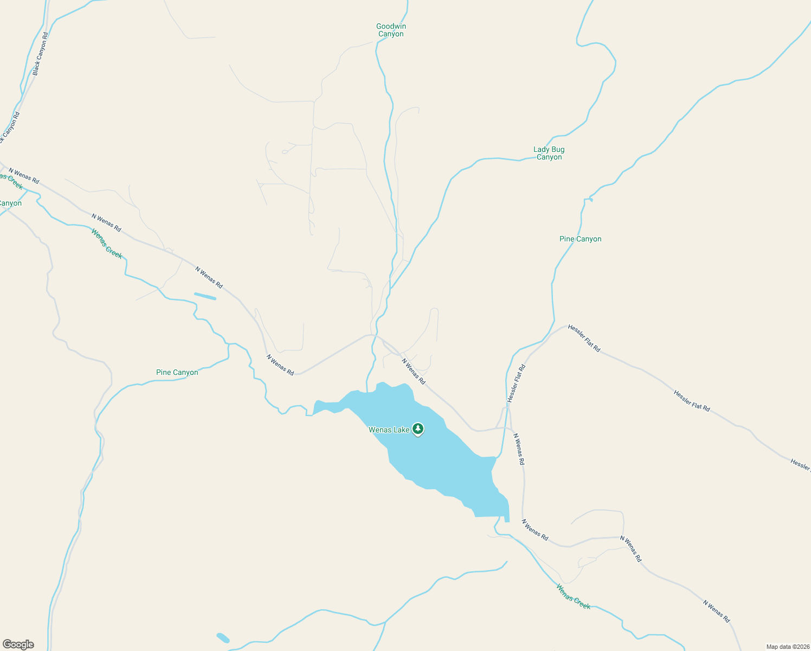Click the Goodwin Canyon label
[391, 30]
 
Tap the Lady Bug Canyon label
[549, 153]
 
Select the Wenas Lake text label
[389, 430]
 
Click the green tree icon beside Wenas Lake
[417, 429]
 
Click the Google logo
[18, 644]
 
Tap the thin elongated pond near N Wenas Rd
[205, 296]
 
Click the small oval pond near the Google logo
[223, 637]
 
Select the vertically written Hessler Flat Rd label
[516, 383]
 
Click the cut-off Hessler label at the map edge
[800, 464]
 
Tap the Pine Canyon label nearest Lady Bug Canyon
[580, 239]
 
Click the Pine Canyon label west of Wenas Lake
[177, 372]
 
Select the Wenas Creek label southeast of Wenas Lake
[573, 596]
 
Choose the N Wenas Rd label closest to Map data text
[716, 611]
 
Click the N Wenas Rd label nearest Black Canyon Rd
[23, 176]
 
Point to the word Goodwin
[391, 26]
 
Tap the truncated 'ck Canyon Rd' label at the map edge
[10, 127]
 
